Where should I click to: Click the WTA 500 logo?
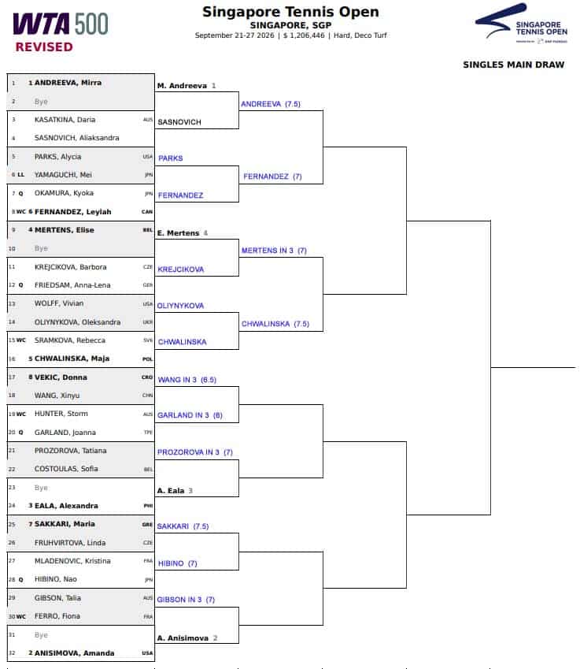tap(61, 24)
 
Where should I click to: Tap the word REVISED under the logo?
tap(44, 47)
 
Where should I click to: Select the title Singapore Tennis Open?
tap(290, 12)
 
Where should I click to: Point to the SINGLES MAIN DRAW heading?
tap(514, 65)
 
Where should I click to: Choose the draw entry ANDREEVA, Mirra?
tap(68, 83)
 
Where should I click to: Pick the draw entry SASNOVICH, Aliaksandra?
tap(76, 138)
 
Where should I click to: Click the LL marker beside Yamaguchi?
tap(21, 175)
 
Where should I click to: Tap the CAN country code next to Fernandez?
tap(147, 212)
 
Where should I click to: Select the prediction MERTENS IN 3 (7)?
tap(274, 251)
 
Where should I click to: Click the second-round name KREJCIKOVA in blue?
tap(181, 269)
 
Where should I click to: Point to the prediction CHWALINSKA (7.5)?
tap(275, 324)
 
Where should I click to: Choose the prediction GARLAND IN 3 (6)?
tap(190, 415)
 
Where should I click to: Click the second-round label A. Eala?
tap(171, 491)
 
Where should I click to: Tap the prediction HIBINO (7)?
tap(177, 563)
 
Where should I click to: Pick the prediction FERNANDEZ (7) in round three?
tap(272, 177)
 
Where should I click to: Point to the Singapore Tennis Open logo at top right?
tap(521, 23)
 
